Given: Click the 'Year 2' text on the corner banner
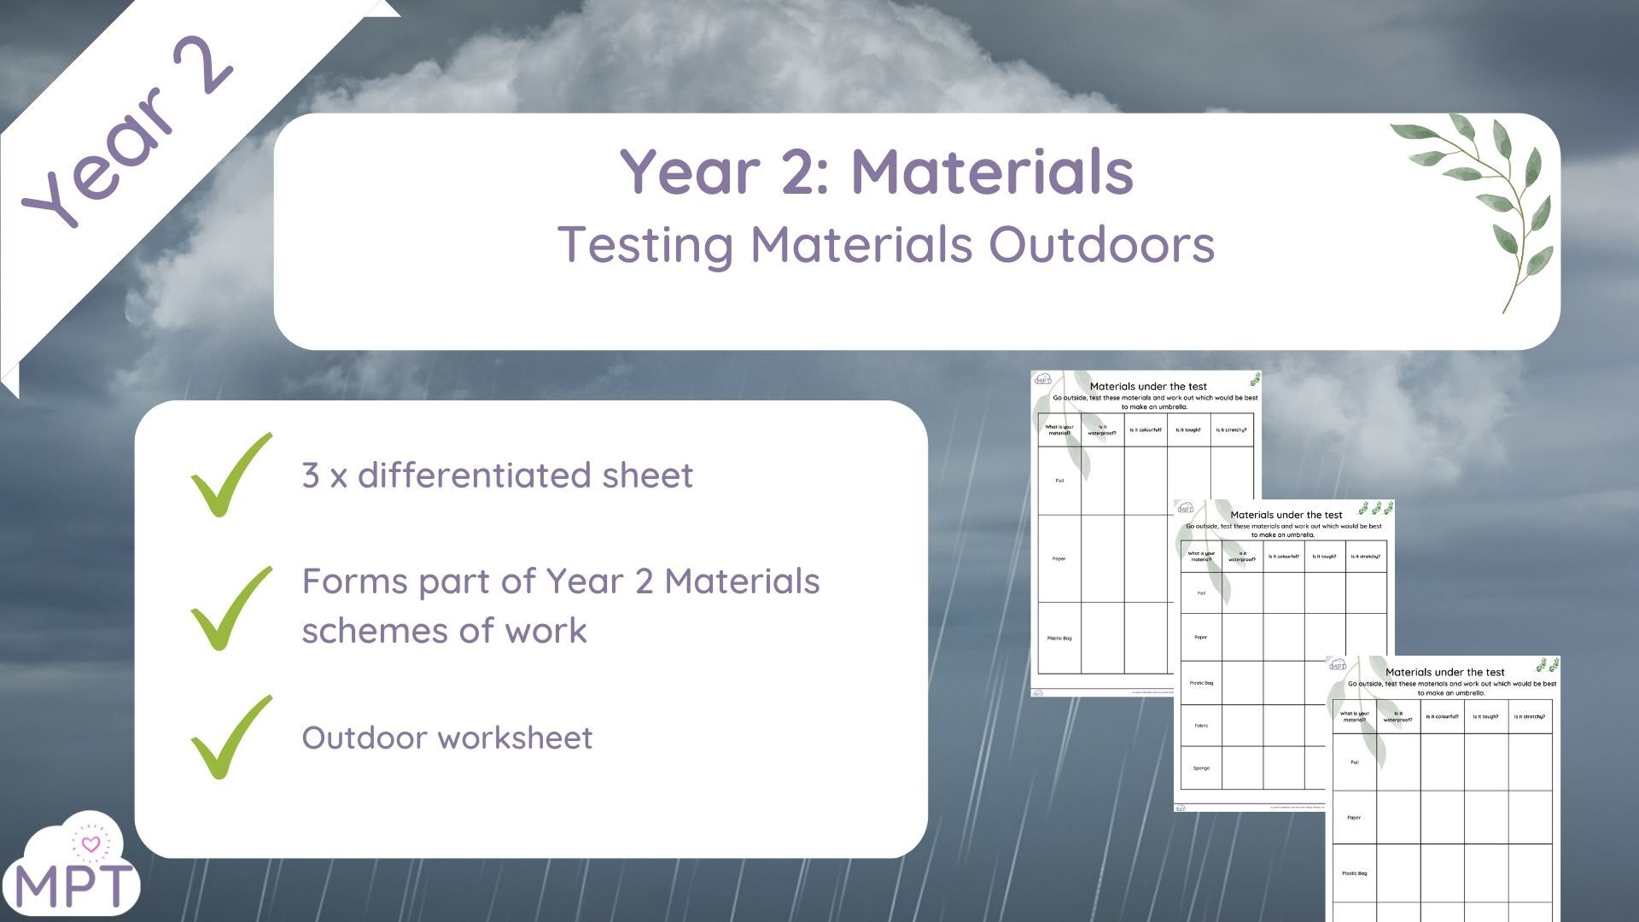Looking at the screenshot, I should click(128, 132).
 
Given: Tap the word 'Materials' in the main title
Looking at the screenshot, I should click(992, 172).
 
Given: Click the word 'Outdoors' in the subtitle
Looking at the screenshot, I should click(1101, 245).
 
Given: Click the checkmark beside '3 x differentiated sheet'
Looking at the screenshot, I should click(228, 475).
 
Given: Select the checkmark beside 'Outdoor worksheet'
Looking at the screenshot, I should click(228, 737).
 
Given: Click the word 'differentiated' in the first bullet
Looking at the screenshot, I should click(474, 476).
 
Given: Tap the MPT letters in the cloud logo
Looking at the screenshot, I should click(75, 886).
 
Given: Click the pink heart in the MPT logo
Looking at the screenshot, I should click(90, 844).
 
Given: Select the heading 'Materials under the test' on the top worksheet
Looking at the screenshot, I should click(1148, 387).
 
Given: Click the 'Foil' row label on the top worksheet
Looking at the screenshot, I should click(1059, 481).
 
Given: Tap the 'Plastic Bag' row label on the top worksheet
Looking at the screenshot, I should click(1059, 639).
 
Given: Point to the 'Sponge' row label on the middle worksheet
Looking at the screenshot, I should click(1201, 768).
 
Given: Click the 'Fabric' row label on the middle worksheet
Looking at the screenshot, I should click(1201, 726).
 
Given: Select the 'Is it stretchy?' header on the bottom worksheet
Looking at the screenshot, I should click(1529, 717).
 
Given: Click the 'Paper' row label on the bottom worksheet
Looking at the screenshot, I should click(1354, 818).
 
